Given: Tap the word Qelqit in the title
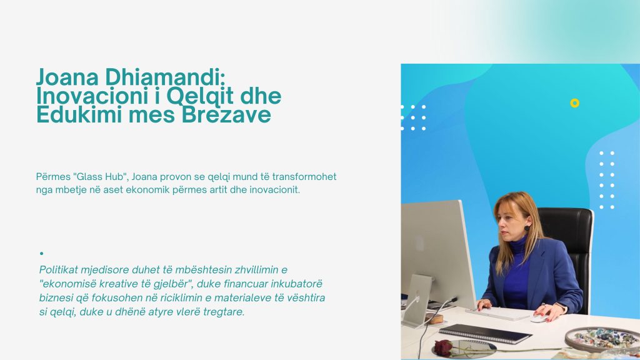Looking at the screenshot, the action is coord(200,96).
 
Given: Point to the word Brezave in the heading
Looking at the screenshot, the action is coord(226,114).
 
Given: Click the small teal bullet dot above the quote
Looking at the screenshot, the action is coord(42,254).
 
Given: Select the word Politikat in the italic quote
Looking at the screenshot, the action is coord(58,270).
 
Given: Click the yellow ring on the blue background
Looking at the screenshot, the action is coord(575,103).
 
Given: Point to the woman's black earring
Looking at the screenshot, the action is coord(527,227).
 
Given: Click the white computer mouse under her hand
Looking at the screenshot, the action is coord(540,317).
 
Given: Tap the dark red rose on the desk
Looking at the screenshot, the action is coord(443,347).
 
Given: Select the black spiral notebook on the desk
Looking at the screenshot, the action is coord(485,334).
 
